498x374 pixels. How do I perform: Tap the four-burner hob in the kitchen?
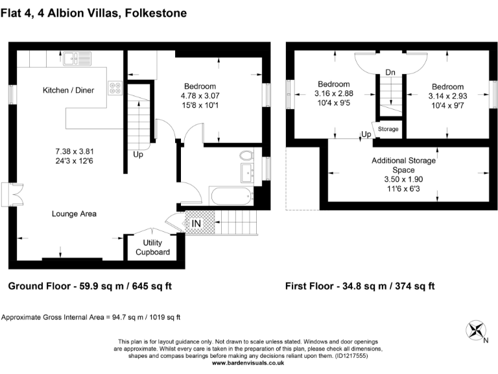115,88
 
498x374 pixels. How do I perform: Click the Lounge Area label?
75,212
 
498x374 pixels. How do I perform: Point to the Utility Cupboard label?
152,247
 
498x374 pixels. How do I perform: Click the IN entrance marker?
196,224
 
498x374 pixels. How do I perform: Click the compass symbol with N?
477,330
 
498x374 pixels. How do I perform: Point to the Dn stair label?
390,72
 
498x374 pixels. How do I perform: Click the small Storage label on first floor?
388,129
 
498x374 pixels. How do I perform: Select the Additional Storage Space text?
407,165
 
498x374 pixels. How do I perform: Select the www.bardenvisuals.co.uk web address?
248,364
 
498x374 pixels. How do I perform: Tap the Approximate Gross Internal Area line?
91,318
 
